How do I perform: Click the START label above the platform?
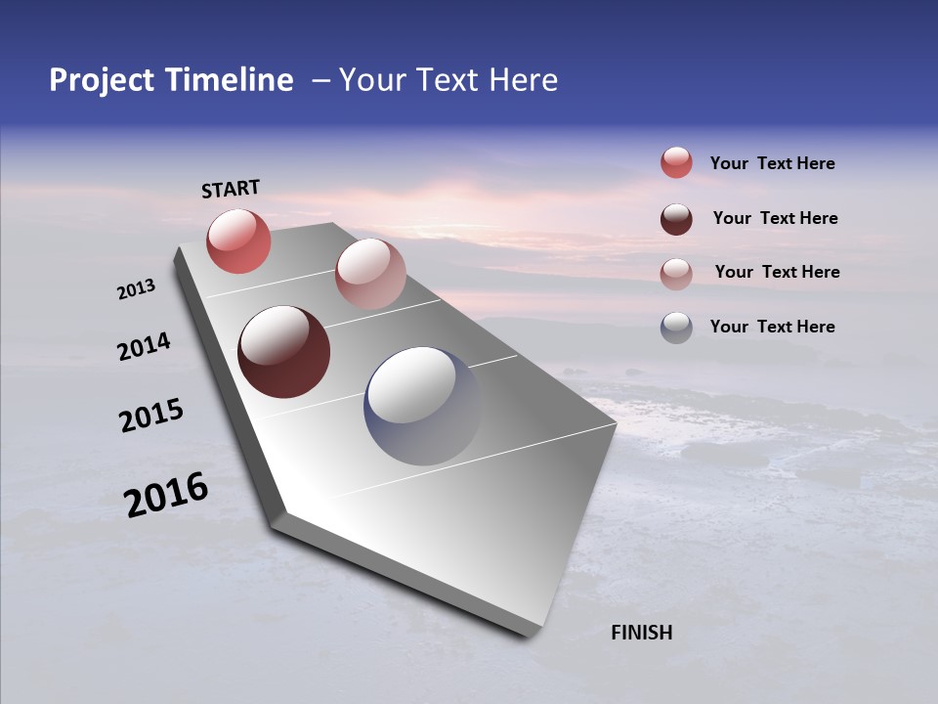click(231, 189)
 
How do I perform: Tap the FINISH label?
click(641, 633)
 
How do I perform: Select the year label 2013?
click(136, 289)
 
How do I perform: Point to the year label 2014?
click(144, 347)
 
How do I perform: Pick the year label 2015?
click(150, 416)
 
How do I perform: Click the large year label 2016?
click(166, 495)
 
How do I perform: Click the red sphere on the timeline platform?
click(238, 241)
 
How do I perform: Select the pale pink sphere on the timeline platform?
click(369, 274)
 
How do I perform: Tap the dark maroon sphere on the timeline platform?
click(283, 352)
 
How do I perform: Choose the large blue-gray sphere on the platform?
click(422, 406)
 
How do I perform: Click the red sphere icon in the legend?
click(676, 162)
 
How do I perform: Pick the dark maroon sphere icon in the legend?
click(676, 218)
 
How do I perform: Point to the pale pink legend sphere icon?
click(676, 273)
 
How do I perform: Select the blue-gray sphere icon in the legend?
click(676, 327)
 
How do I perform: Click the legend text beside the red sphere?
click(772, 164)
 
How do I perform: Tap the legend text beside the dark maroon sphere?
click(775, 218)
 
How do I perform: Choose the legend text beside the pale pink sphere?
click(777, 272)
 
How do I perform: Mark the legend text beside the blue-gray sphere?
click(772, 327)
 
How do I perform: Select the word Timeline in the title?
click(231, 80)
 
